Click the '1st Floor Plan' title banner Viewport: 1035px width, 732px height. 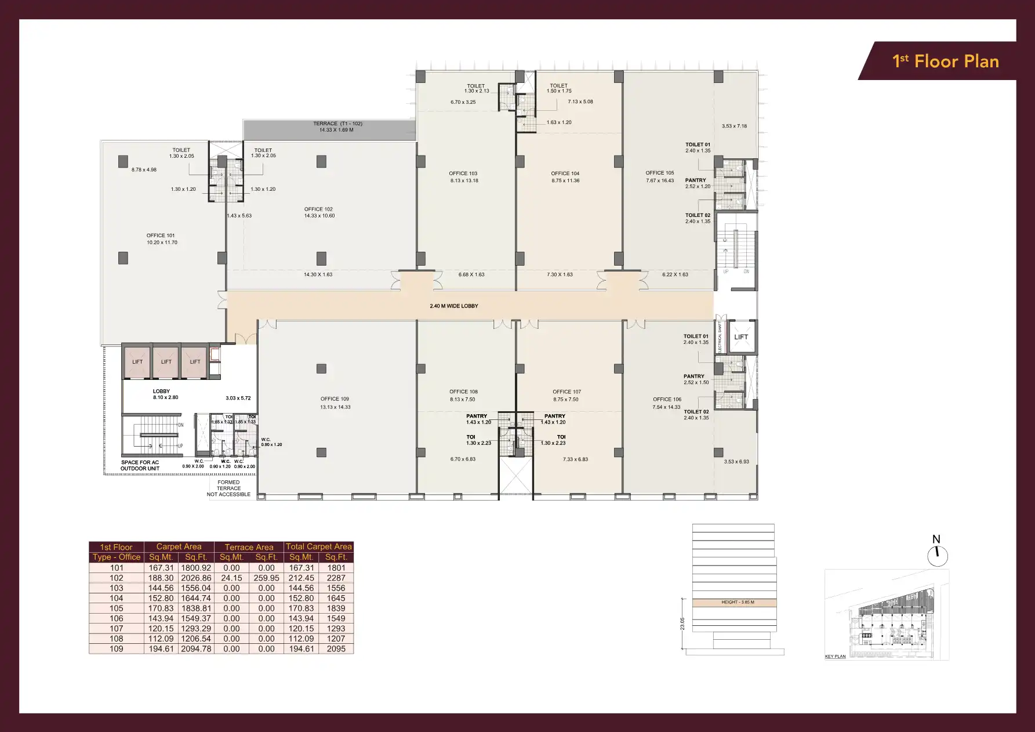click(945, 61)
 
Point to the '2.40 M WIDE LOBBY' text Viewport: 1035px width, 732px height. click(454, 306)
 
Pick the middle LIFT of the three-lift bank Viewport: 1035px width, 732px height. click(166, 361)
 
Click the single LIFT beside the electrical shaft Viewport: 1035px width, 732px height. click(741, 337)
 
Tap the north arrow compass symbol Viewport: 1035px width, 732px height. click(937, 556)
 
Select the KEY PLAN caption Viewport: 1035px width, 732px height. click(835, 657)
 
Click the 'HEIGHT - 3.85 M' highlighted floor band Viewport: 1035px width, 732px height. click(738, 602)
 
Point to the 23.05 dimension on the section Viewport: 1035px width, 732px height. click(682, 624)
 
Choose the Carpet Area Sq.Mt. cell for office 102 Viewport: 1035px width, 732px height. click(161, 578)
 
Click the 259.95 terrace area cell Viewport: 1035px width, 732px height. click(266, 578)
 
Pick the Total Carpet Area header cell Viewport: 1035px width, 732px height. click(318, 546)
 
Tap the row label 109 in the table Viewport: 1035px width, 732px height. click(117, 648)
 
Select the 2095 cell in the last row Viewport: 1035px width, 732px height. click(336, 648)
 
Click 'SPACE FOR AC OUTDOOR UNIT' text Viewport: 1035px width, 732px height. click(140, 465)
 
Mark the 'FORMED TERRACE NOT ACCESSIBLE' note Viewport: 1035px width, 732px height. click(228, 488)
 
